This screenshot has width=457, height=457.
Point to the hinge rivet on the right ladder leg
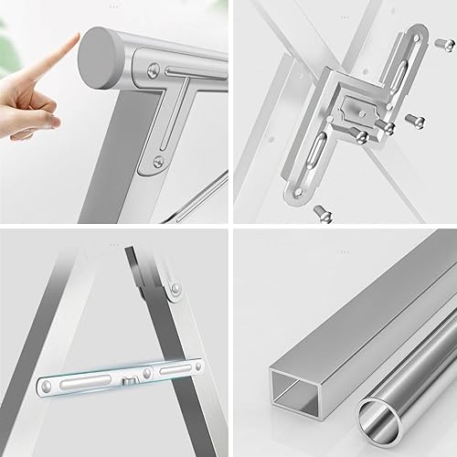pos(175,290)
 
